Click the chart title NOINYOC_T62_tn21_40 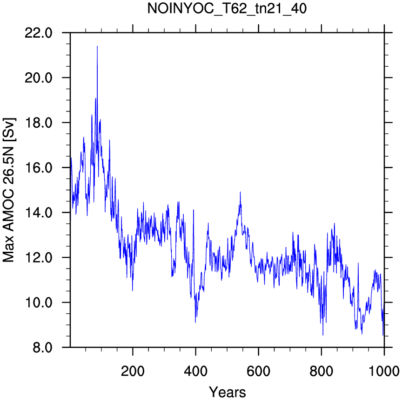(227, 8)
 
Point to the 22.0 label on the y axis (39, 33)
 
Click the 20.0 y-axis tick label (39, 78)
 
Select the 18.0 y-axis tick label (39, 123)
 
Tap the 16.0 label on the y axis (39, 168)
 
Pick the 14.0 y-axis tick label (39, 213)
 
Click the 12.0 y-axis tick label (39, 258)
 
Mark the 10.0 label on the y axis (39, 303)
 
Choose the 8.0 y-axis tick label (42, 348)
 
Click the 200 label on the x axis (133, 371)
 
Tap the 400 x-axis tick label (195, 371)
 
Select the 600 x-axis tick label (258, 371)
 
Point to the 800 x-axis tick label (321, 371)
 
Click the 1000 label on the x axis (384, 371)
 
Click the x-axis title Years (228, 392)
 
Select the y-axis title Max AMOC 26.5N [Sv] (9, 190)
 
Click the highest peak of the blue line (97, 46)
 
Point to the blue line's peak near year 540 (240, 192)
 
